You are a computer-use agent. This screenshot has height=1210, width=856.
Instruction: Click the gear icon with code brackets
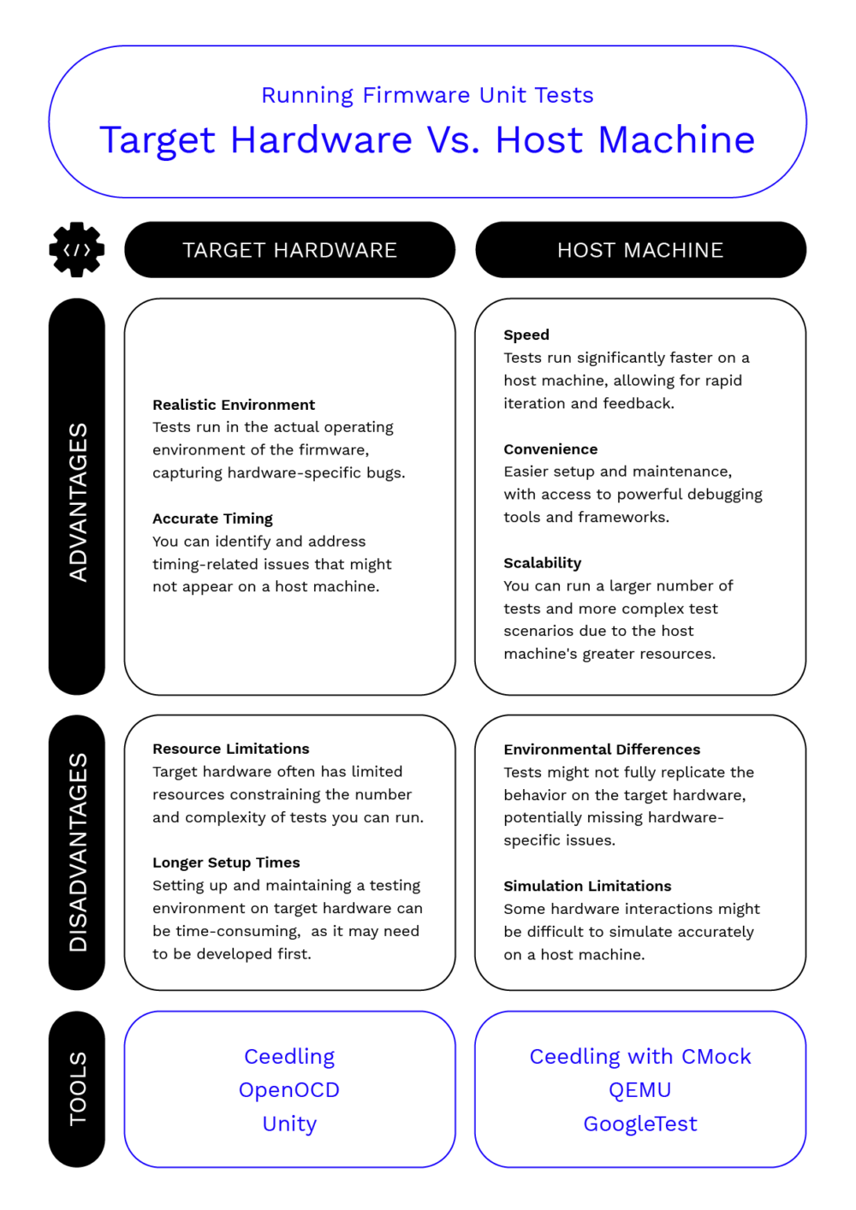tap(77, 250)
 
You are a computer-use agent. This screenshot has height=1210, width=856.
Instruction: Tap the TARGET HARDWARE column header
tap(289, 250)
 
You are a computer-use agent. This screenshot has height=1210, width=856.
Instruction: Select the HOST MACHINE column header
tap(640, 250)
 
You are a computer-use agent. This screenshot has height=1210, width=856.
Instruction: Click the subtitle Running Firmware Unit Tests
tap(427, 95)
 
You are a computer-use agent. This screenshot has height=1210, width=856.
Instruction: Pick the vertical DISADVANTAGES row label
tap(77, 852)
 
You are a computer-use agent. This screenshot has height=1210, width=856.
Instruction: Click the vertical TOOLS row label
tap(77, 1088)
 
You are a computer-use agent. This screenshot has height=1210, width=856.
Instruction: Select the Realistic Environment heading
tap(234, 405)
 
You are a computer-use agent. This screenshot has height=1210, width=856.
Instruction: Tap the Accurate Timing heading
tap(212, 519)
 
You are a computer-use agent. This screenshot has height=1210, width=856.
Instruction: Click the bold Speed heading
tap(526, 335)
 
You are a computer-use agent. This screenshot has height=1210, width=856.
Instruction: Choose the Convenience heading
tap(550, 449)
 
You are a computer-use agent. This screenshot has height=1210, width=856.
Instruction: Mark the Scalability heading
tap(543, 563)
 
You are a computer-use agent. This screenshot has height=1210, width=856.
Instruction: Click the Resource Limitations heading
tap(231, 749)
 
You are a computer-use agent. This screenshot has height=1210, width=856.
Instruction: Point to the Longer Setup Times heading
tap(226, 863)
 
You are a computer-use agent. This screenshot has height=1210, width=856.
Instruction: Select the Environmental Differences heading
tap(602, 750)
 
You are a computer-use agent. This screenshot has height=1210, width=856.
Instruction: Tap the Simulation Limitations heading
tap(587, 886)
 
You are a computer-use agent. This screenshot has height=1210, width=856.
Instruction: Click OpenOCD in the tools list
tap(289, 1090)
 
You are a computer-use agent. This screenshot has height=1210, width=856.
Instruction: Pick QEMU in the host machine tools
tap(640, 1090)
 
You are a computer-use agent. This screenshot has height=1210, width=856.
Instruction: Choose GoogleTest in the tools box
tap(640, 1124)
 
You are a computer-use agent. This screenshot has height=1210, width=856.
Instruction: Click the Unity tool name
tap(289, 1124)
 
